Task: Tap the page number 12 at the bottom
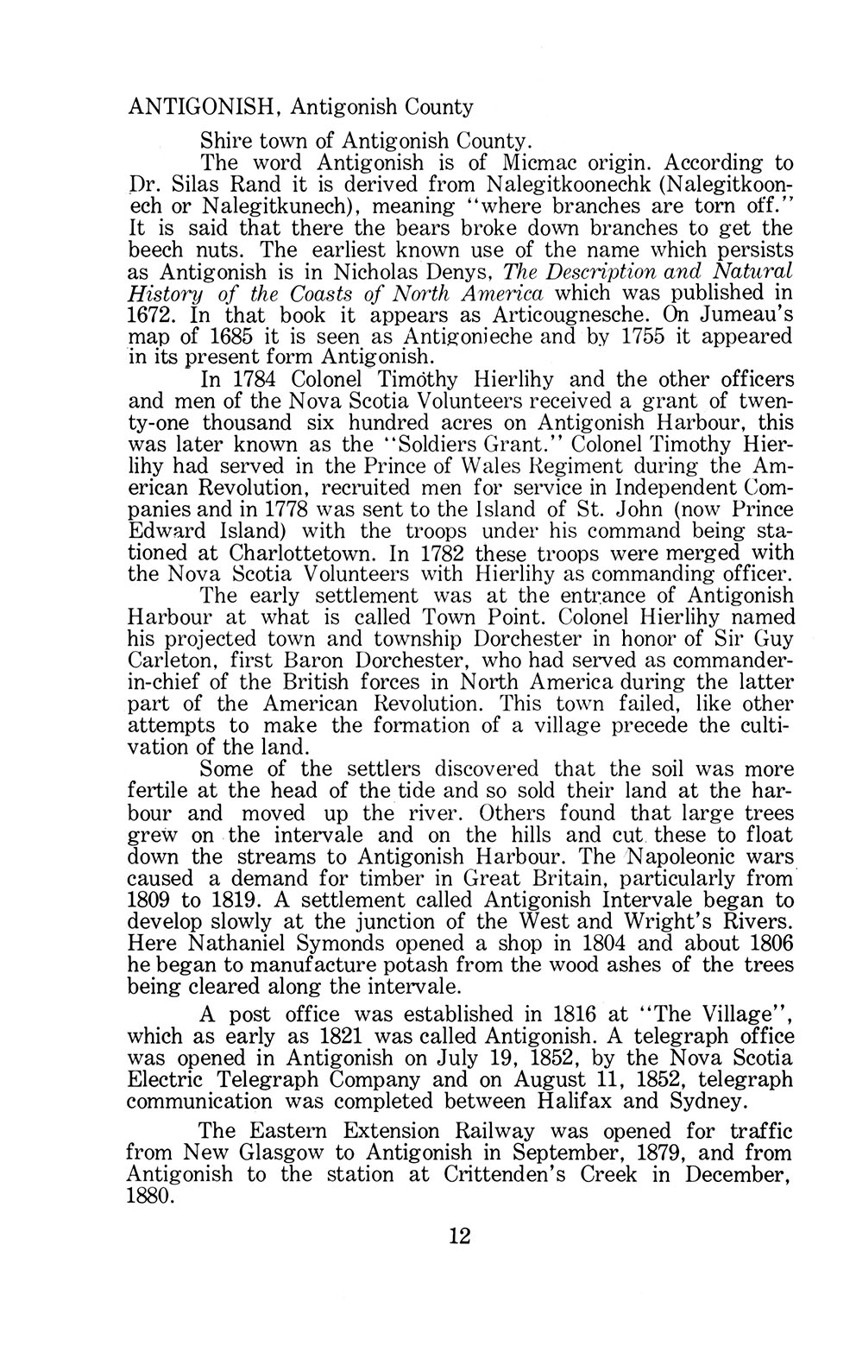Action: (459, 1236)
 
